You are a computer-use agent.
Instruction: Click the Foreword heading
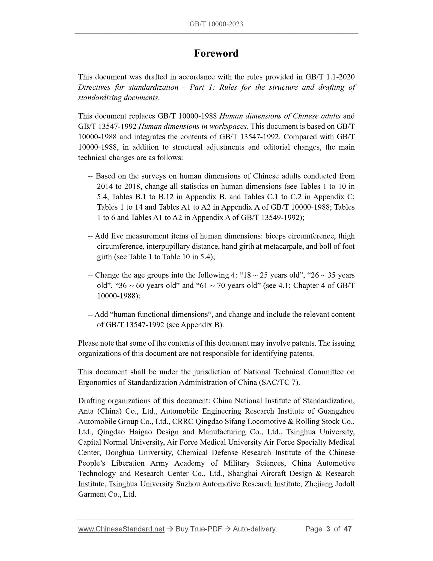click(x=216, y=53)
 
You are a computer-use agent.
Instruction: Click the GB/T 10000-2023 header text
click(x=216, y=24)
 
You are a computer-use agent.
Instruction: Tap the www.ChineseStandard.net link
click(x=121, y=529)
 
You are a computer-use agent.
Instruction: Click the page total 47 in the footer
click(x=347, y=529)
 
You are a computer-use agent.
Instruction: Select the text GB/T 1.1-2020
click(x=330, y=77)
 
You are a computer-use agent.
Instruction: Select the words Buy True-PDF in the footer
click(x=199, y=529)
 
